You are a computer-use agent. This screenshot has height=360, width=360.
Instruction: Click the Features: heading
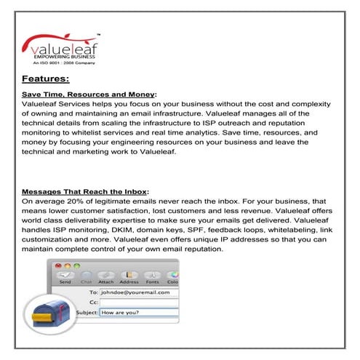tap(46, 78)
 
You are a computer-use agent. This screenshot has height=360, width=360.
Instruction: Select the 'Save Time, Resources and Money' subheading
tap(89, 95)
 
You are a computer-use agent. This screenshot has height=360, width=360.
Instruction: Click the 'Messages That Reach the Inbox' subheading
tap(85, 191)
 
